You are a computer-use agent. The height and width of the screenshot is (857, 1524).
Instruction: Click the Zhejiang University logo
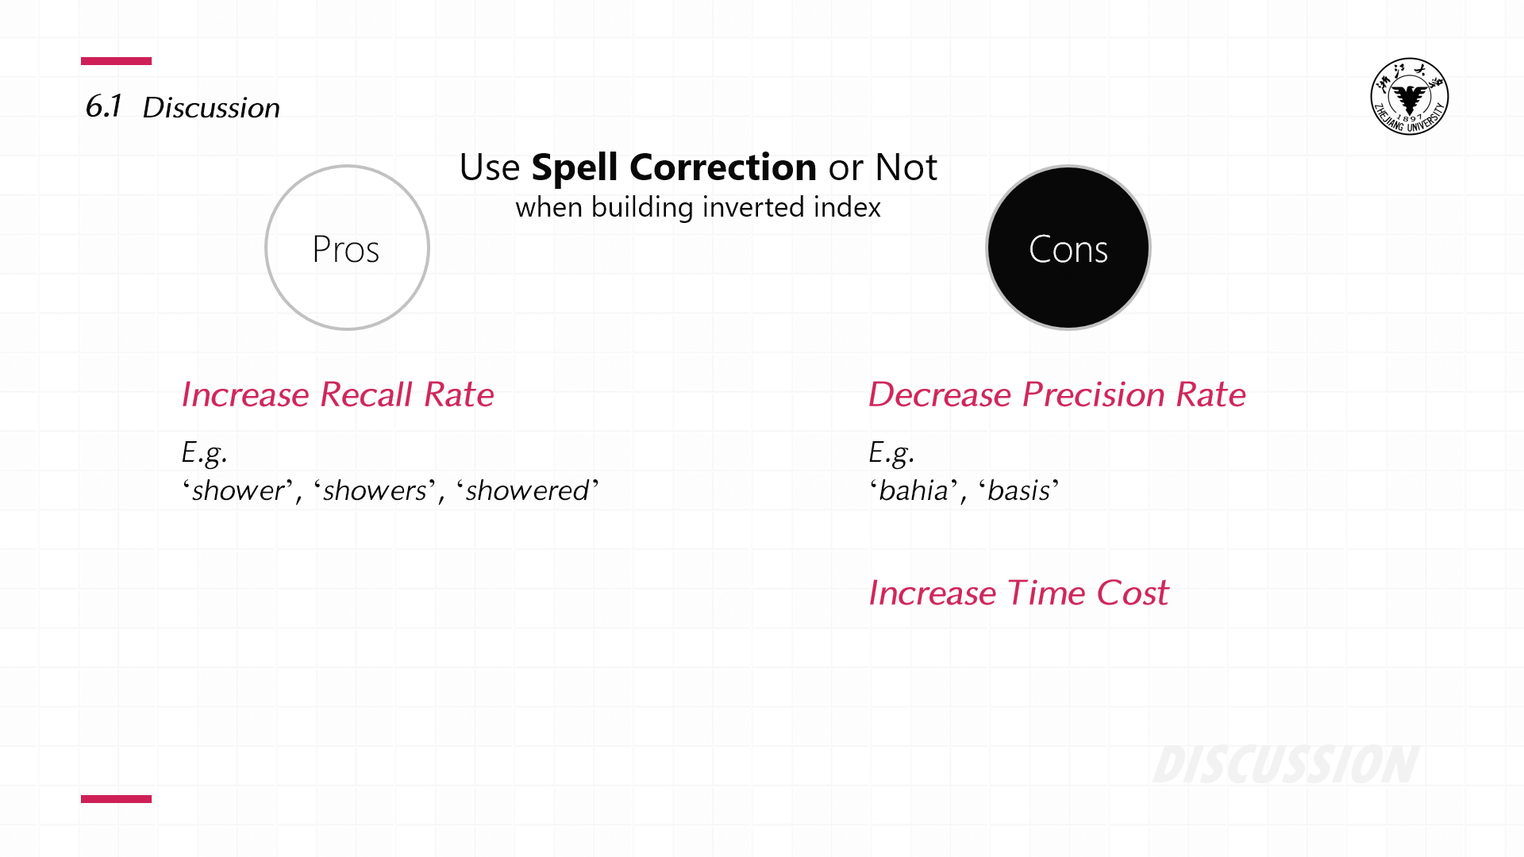[1409, 96]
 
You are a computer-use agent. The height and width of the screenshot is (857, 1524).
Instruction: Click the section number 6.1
[103, 106]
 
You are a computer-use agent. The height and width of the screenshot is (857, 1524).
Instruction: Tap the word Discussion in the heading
[211, 108]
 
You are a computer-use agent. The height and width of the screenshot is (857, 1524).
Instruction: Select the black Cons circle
[1068, 248]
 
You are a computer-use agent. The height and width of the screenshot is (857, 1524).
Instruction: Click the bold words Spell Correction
[674, 167]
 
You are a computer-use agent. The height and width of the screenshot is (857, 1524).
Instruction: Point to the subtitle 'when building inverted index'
[698, 207]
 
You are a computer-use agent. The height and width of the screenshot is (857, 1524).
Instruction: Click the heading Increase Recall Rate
[337, 394]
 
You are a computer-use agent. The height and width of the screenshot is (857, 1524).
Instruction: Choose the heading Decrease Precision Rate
[1056, 394]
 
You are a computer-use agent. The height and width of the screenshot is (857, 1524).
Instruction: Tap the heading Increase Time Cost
[1018, 593]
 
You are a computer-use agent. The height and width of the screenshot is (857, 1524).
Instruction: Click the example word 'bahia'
[914, 490]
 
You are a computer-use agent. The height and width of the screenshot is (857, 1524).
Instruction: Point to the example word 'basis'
[1019, 490]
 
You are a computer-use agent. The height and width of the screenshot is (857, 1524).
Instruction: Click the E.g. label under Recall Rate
[204, 453]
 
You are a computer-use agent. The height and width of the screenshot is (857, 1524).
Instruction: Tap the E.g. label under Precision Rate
[891, 453]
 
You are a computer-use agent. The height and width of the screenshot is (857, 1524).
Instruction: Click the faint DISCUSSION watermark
[1286, 765]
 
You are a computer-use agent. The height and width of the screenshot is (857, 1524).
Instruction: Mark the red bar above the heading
[116, 61]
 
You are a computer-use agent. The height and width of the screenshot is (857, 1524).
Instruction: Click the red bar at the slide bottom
[116, 799]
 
